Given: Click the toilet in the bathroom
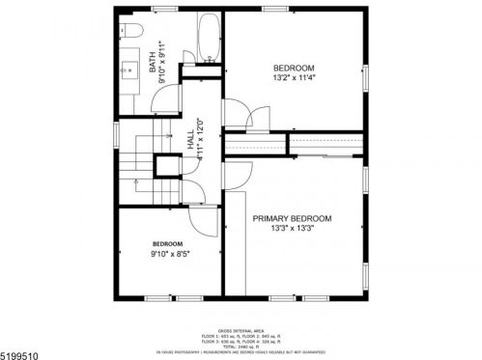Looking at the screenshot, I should (x=135, y=32).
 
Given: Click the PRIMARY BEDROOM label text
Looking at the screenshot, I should (x=292, y=219).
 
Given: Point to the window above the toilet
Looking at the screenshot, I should (x=134, y=12).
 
